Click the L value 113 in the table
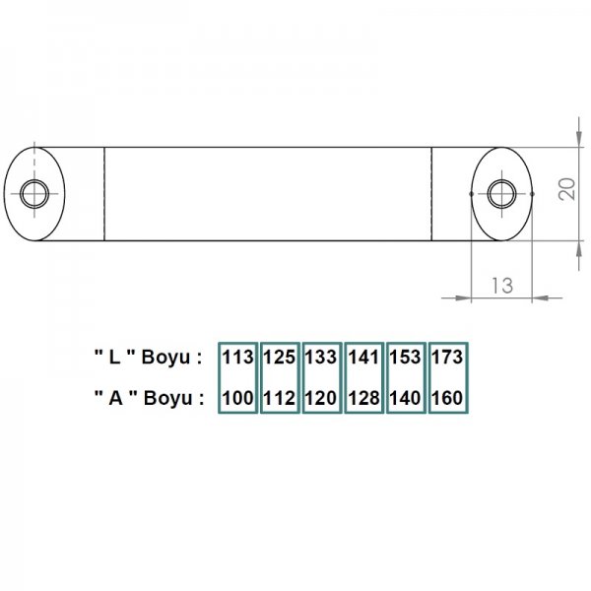[x=238, y=358]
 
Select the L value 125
[x=280, y=358]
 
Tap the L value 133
[x=321, y=358]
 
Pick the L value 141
[x=363, y=358]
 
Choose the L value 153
[x=406, y=358]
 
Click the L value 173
[x=447, y=358]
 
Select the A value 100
[x=238, y=399]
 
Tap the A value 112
[x=280, y=399]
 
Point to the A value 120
[x=321, y=399]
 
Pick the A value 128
[x=363, y=399]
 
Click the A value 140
[x=406, y=399]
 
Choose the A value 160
[x=447, y=399]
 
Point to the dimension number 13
[x=500, y=286]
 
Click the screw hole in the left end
[x=35, y=193]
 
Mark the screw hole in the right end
[x=501, y=193]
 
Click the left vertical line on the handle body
[x=104, y=193]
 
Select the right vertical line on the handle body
[x=431, y=193]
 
